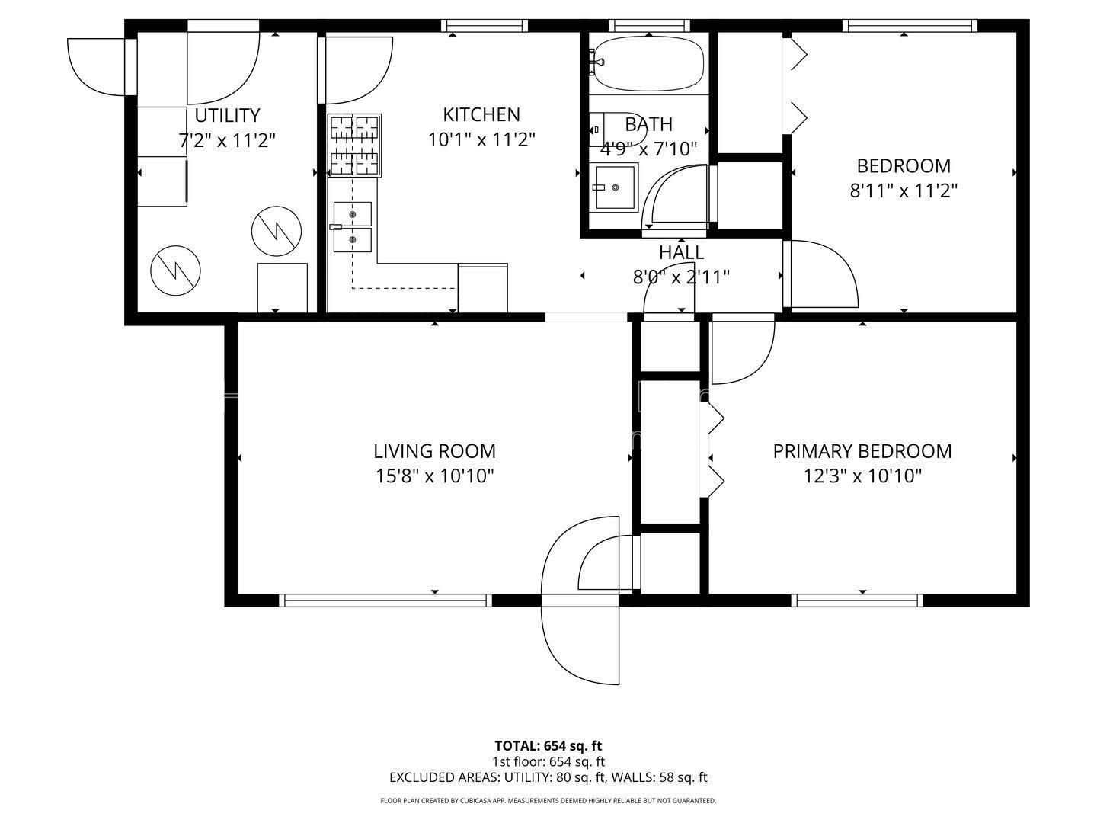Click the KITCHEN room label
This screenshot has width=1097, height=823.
(481, 114)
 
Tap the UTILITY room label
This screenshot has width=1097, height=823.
(227, 115)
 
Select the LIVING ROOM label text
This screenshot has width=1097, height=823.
(434, 451)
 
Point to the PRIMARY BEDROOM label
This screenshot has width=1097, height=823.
(862, 451)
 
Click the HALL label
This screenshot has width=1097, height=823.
(681, 252)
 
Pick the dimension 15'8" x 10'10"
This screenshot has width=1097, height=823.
(434, 476)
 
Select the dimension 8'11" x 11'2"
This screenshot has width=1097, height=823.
(904, 191)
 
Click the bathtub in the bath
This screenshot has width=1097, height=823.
(648, 64)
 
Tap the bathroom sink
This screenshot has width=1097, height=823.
(616, 187)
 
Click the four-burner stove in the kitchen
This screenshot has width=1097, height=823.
(354, 145)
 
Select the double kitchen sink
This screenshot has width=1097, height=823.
(352, 227)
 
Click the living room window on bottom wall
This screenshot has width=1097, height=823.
(385, 600)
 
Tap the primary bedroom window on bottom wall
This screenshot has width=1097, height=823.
(859, 600)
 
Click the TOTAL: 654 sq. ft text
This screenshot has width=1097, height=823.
(548, 746)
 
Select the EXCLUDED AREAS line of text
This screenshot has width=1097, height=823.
(548, 778)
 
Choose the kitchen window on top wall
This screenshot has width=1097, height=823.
(485, 26)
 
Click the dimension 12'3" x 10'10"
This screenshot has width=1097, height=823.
(862, 476)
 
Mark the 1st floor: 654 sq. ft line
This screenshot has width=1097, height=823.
(548, 761)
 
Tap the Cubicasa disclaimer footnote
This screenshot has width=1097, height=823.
(548, 801)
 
